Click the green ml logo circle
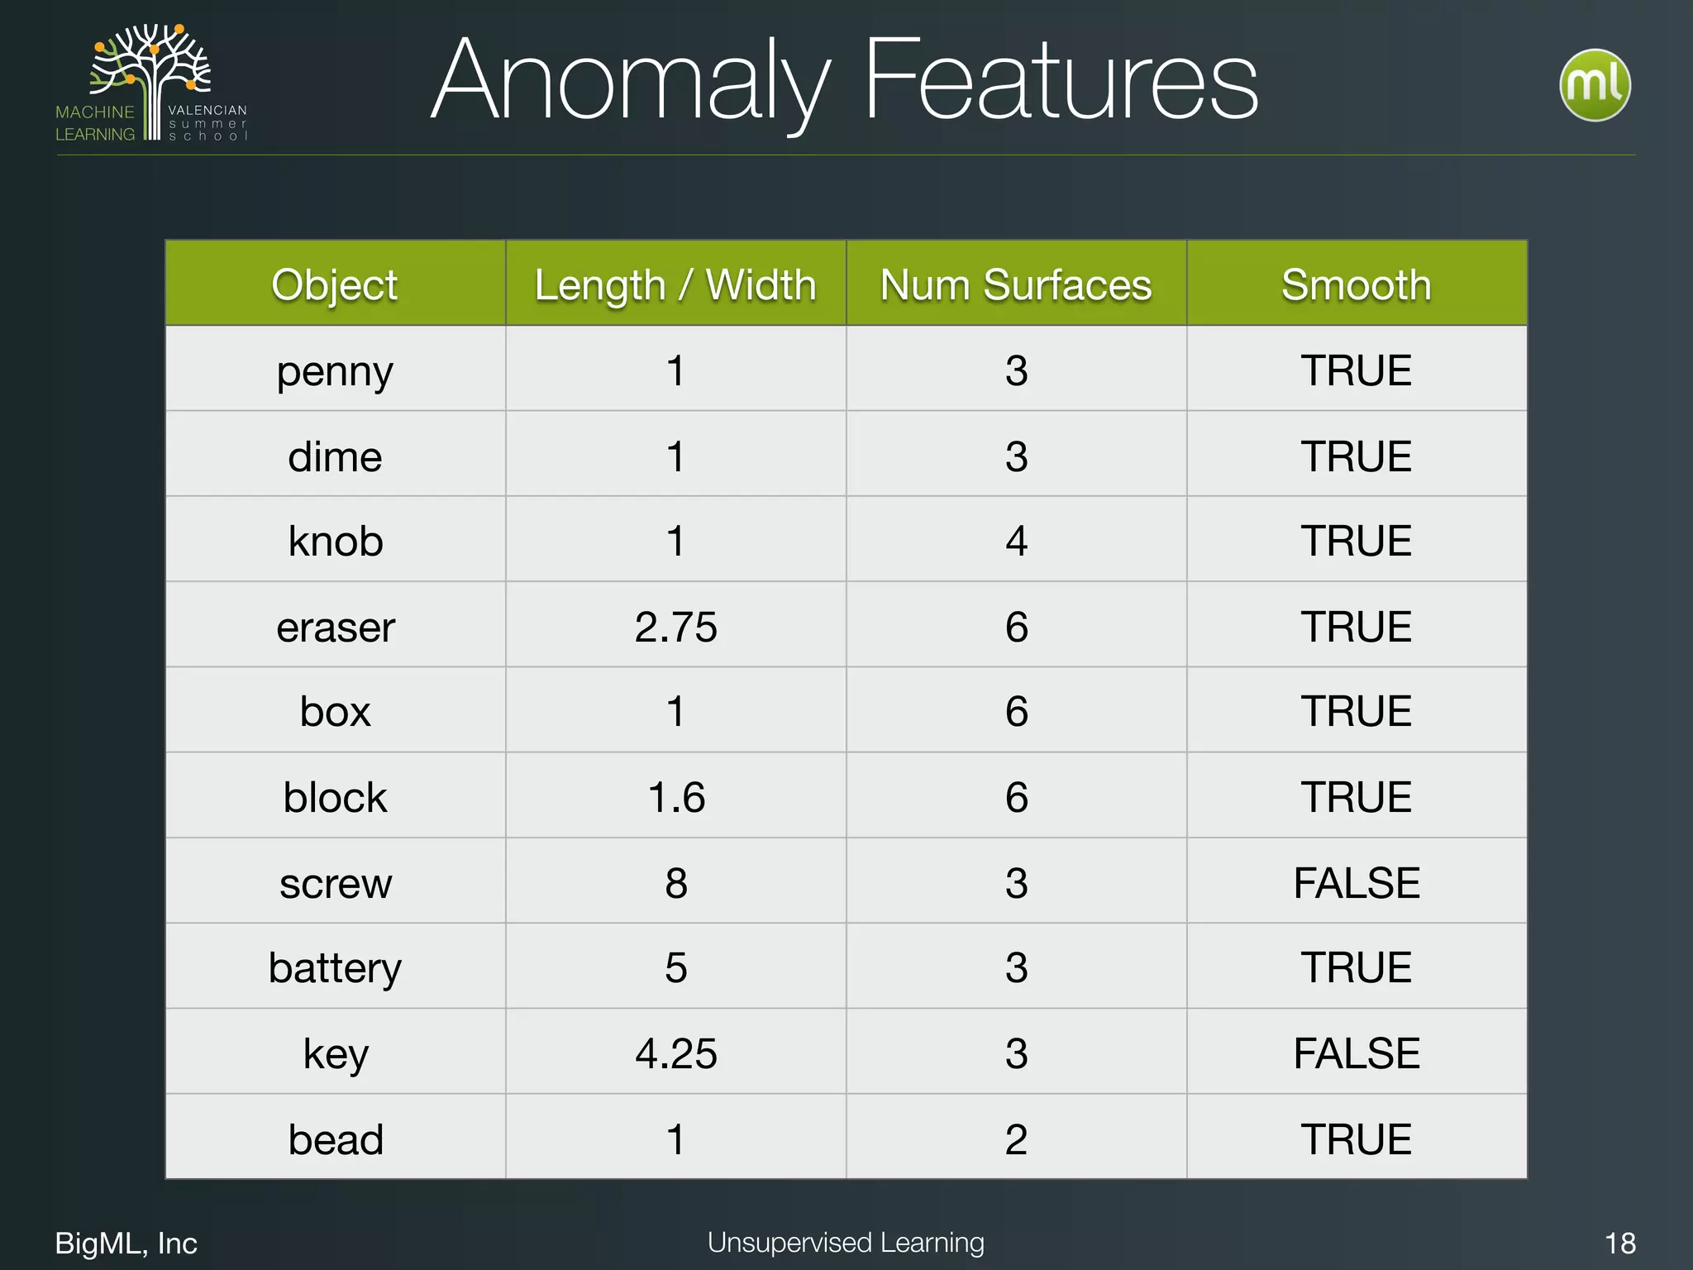(x=1595, y=85)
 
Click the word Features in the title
(x=1061, y=81)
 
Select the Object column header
(x=335, y=285)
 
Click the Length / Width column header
(x=675, y=285)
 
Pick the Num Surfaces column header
(x=1016, y=285)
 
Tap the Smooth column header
(x=1357, y=285)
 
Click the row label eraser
(x=336, y=627)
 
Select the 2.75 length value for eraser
(x=675, y=627)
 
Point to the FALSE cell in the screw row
(x=1357, y=883)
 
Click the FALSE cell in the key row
(x=1357, y=1053)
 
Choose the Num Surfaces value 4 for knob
(x=1016, y=542)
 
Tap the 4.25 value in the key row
(x=675, y=1053)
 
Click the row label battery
(x=335, y=968)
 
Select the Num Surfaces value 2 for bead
(x=1016, y=1139)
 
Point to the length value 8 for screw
(x=676, y=883)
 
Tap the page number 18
(x=1619, y=1244)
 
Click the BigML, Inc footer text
(x=126, y=1244)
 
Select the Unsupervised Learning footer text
(x=846, y=1243)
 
